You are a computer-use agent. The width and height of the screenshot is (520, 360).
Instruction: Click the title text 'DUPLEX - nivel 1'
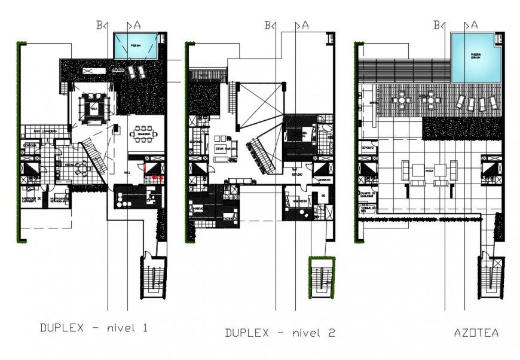[x=93, y=328]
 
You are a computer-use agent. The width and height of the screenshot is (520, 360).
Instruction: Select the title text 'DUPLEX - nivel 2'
[x=280, y=333]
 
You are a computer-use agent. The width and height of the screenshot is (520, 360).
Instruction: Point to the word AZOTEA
[x=476, y=332]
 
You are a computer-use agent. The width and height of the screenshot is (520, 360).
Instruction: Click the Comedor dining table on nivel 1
[x=144, y=133]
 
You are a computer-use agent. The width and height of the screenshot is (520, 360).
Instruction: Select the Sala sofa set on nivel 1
[x=94, y=109]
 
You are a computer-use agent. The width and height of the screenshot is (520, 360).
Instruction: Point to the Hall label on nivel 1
[x=127, y=172]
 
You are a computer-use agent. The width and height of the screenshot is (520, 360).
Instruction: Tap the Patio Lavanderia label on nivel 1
[x=45, y=130]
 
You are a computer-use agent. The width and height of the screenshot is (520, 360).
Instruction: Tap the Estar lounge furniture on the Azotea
[x=429, y=173]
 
